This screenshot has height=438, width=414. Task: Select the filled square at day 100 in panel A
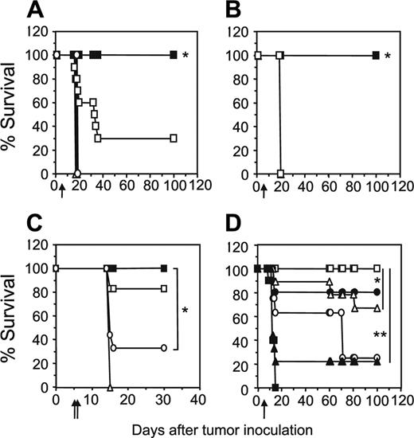click(x=173, y=55)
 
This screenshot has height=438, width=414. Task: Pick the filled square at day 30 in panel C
click(x=163, y=268)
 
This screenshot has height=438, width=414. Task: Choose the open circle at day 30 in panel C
click(x=163, y=348)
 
